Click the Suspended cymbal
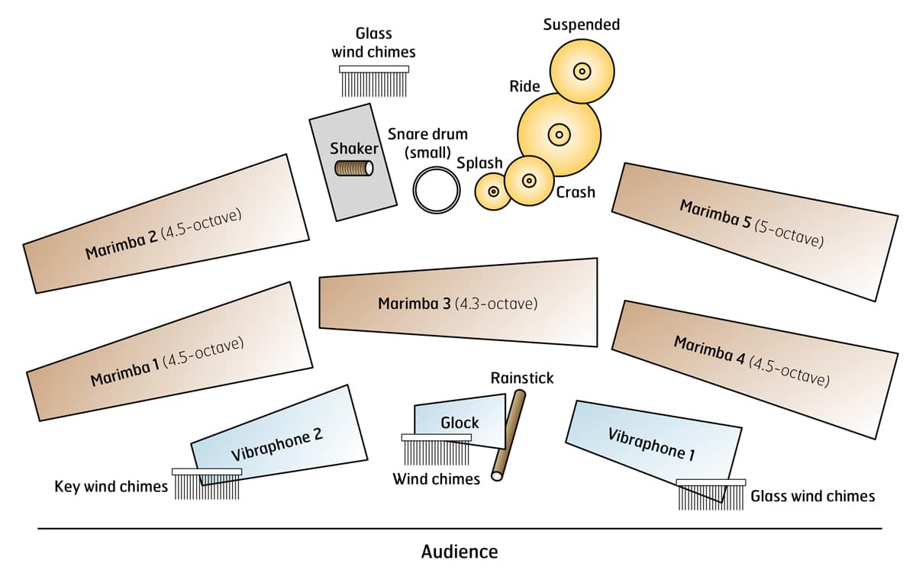(x=582, y=72)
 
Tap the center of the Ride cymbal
(x=559, y=135)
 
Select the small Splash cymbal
(x=493, y=192)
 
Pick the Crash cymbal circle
(x=528, y=181)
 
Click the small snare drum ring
(x=437, y=190)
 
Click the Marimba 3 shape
(x=458, y=303)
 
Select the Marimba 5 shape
(x=754, y=231)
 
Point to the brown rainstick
(x=509, y=435)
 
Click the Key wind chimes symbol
(x=207, y=484)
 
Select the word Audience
(x=460, y=551)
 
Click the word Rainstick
(x=522, y=378)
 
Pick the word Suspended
(x=582, y=24)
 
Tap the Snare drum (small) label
(x=427, y=143)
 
